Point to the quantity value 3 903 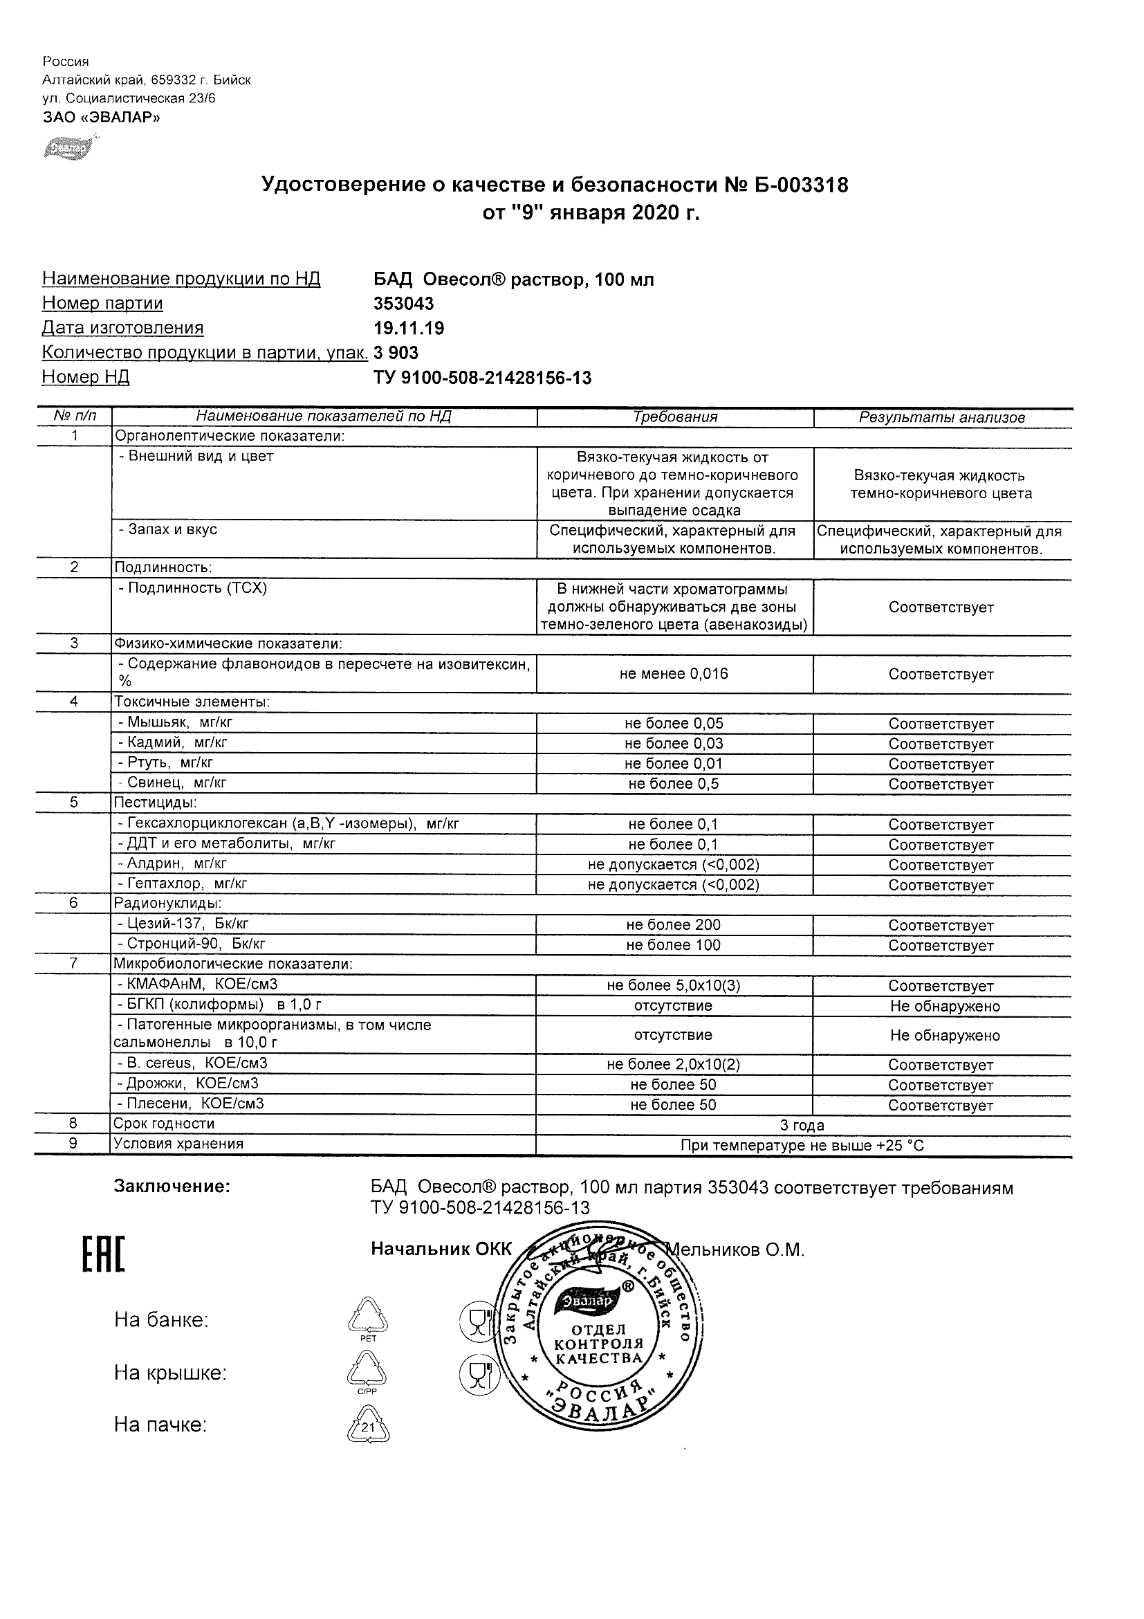(x=396, y=353)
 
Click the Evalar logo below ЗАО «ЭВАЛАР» (x=68, y=147)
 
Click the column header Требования (x=674, y=417)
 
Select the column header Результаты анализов (x=942, y=417)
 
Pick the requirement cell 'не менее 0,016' (x=674, y=674)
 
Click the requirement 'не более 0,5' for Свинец (x=674, y=784)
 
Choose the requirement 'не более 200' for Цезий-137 (x=674, y=925)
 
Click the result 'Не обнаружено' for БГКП (x=945, y=1006)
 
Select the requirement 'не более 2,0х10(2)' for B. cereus (x=674, y=1065)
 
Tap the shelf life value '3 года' (x=802, y=1126)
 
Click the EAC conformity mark (x=104, y=1256)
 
